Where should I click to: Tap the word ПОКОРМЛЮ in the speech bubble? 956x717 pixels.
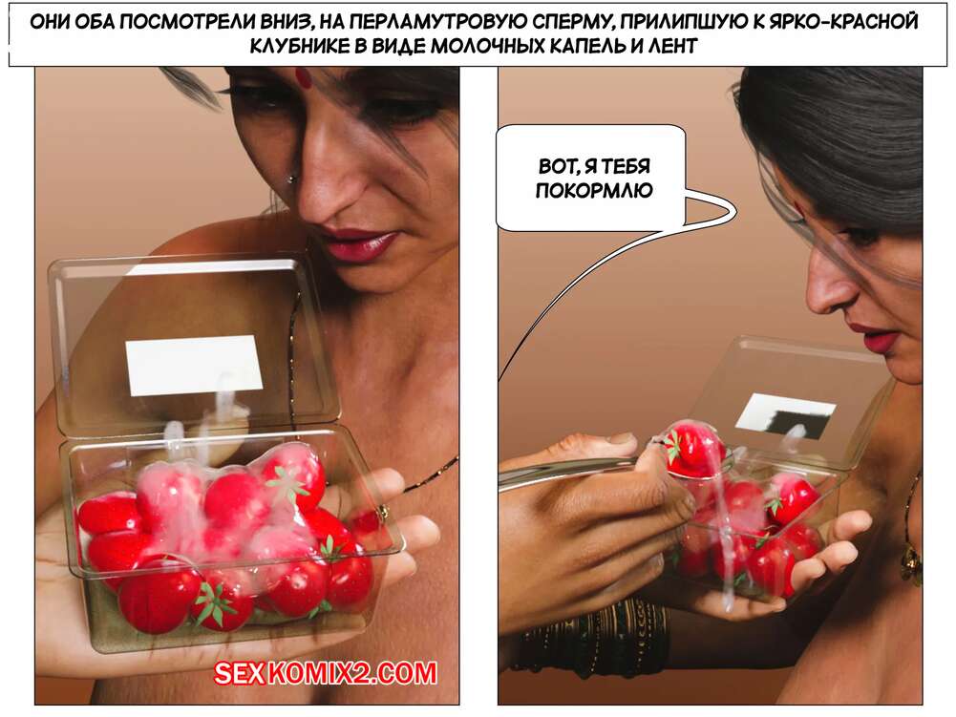pos(594,191)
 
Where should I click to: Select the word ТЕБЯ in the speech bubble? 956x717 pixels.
pos(627,166)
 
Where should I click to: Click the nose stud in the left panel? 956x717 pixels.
pos(291,179)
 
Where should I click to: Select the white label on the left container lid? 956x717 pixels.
pos(194,365)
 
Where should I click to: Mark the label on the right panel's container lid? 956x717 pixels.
pos(784,414)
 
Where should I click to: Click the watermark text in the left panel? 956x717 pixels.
pos(325,673)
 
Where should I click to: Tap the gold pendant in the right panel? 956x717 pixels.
pos(911,562)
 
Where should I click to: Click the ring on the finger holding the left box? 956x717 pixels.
pos(382,512)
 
